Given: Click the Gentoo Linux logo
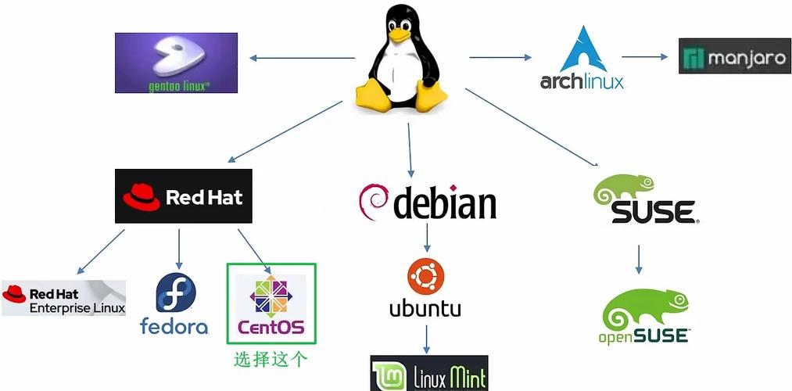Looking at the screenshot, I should [176, 63].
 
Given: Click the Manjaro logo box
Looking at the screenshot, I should [734, 56].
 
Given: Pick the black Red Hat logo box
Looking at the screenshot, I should [184, 195].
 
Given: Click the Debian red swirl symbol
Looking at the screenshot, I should [374, 202].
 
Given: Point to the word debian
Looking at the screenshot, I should [444, 203].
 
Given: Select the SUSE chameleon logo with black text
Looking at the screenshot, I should [643, 200].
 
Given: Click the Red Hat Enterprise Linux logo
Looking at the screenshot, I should [63, 297].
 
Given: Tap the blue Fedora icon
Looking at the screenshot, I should [175, 292].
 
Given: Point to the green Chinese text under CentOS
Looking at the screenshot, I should [271, 360].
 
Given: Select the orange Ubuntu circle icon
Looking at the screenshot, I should [425, 278].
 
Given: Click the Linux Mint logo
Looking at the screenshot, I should [428, 373].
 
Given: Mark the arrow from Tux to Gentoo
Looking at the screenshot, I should [301, 58].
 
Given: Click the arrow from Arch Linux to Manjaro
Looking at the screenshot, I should [648, 56].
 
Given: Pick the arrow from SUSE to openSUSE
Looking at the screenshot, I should [639, 259].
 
